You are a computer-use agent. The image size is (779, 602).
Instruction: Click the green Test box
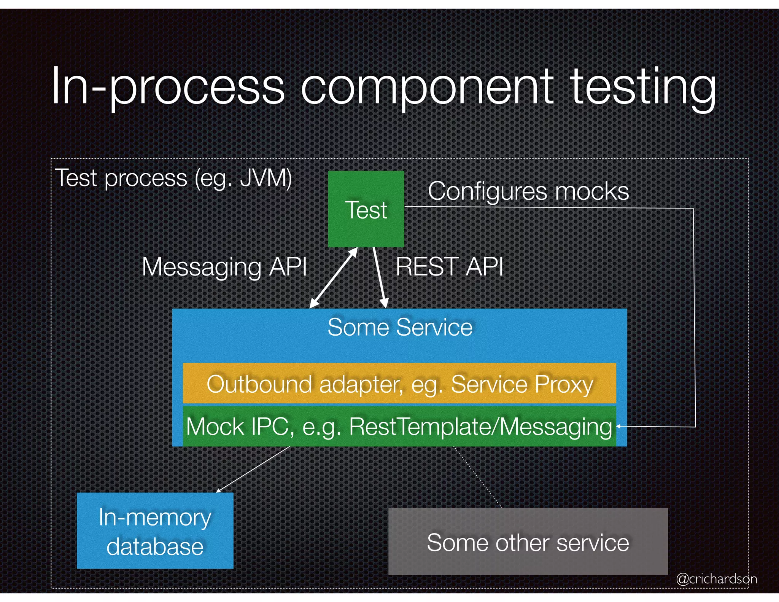tap(366, 209)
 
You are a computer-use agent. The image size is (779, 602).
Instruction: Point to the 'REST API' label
tap(450, 266)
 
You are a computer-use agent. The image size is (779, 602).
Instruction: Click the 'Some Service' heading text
tap(400, 327)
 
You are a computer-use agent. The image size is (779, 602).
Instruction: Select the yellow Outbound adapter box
tap(399, 384)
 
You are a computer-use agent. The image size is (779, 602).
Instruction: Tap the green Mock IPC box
tap(399, 426)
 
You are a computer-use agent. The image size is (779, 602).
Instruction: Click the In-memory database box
tap(155, 531)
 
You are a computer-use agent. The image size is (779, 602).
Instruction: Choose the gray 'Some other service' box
tap(528, 542)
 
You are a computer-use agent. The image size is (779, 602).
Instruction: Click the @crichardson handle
tap(716, 579)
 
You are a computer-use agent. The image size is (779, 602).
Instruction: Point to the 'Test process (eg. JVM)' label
tap(173, 178)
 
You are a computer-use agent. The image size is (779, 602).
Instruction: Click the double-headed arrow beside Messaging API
tap(334, 278)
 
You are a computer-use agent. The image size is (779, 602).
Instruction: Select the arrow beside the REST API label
tap(380, 278)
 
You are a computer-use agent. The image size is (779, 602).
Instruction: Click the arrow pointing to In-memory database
tap(253, 469)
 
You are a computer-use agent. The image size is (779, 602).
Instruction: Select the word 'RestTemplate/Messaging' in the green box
tap(480, 427)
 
